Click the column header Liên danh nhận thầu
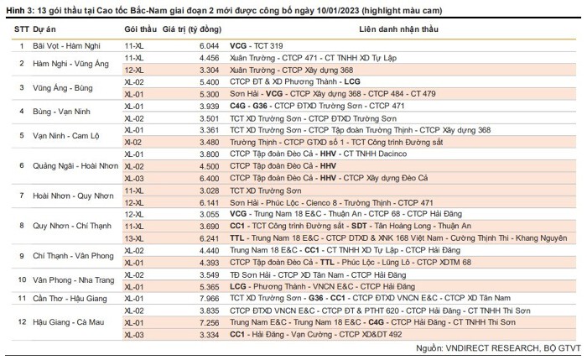pos(398,29)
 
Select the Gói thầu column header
pos(140,29)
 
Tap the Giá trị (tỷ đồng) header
pos(192,29)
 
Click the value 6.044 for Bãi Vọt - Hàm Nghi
pos(210,45)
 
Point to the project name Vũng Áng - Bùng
pos(63,88)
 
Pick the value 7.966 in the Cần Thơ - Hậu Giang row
pos(210,298)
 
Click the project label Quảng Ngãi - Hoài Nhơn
pos(75,166)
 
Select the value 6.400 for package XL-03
pos(210,178)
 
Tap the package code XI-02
pos(132,143)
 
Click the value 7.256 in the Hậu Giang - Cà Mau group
pos(210,322)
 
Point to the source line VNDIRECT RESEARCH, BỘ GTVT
pos(513,348)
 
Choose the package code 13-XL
pos(133,238)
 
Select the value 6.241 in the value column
pos(210,238)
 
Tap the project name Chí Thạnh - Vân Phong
pos(73,256)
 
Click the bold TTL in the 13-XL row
pos(237,238)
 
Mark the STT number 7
pos(22,196)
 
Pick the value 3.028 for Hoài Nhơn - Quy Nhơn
pos(210,190)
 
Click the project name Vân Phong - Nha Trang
pos(74,280)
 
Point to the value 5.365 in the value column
pos(210,287)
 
